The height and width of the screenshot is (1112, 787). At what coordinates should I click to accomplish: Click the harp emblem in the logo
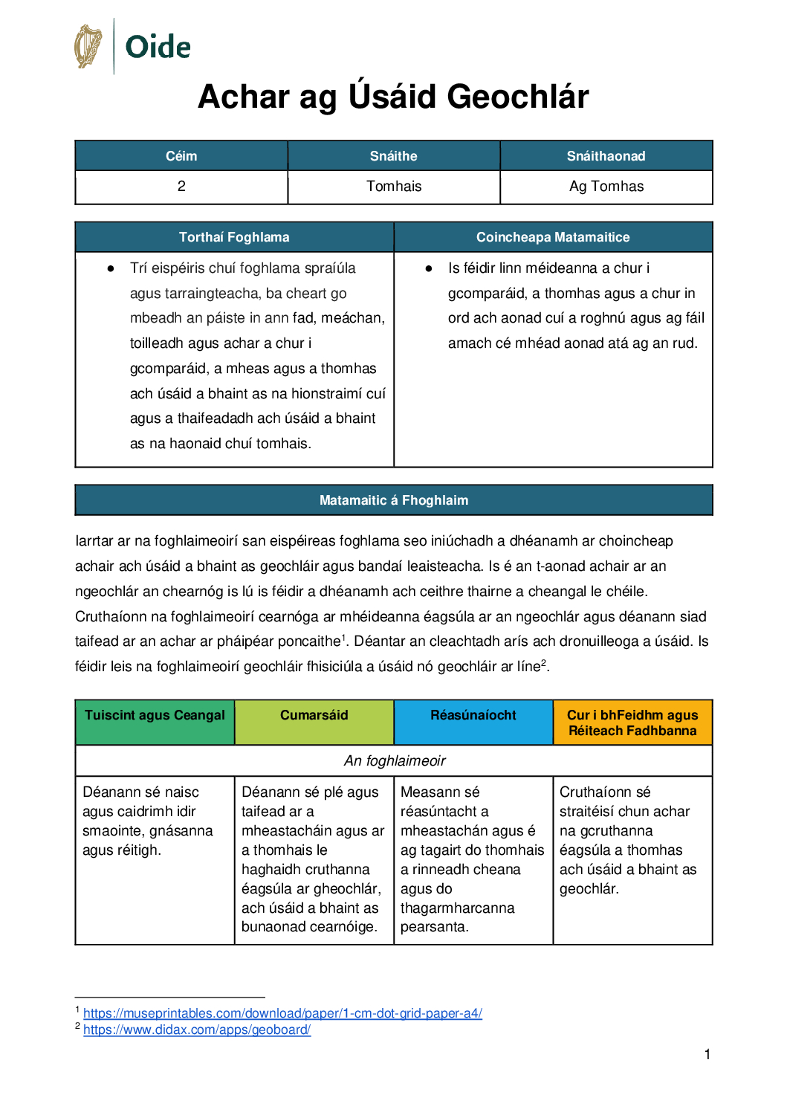88,46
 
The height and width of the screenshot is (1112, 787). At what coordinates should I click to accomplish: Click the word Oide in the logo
158,47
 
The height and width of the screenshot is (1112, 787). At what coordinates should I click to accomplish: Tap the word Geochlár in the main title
518,97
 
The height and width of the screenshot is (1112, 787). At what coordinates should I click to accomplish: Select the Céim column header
181,156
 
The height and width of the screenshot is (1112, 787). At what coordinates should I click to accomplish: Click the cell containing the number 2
181,187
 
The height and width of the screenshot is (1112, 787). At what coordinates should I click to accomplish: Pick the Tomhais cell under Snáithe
394,187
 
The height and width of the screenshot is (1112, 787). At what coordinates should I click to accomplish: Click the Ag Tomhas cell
606,187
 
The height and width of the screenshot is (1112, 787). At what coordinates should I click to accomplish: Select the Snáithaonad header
606,156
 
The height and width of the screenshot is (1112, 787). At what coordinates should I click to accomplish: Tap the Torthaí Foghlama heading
234,237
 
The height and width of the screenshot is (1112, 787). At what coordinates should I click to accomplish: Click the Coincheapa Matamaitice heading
553,237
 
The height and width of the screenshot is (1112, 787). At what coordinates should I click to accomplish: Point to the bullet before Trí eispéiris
111,268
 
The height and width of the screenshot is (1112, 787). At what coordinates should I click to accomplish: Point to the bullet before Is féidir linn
429,268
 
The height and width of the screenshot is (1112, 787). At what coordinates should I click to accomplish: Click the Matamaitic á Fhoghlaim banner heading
394,500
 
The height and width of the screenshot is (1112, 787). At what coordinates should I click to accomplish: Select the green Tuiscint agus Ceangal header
155,715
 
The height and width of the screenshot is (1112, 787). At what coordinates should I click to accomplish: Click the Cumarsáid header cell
314,715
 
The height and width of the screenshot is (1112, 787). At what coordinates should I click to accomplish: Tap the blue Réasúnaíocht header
473,715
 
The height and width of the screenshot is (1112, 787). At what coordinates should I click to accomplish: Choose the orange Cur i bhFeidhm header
632,723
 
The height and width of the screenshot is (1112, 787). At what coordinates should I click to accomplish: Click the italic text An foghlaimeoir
395,760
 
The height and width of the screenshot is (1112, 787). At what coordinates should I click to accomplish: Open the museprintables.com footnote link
282,1013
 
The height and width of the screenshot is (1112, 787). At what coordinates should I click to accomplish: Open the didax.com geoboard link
197,1029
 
